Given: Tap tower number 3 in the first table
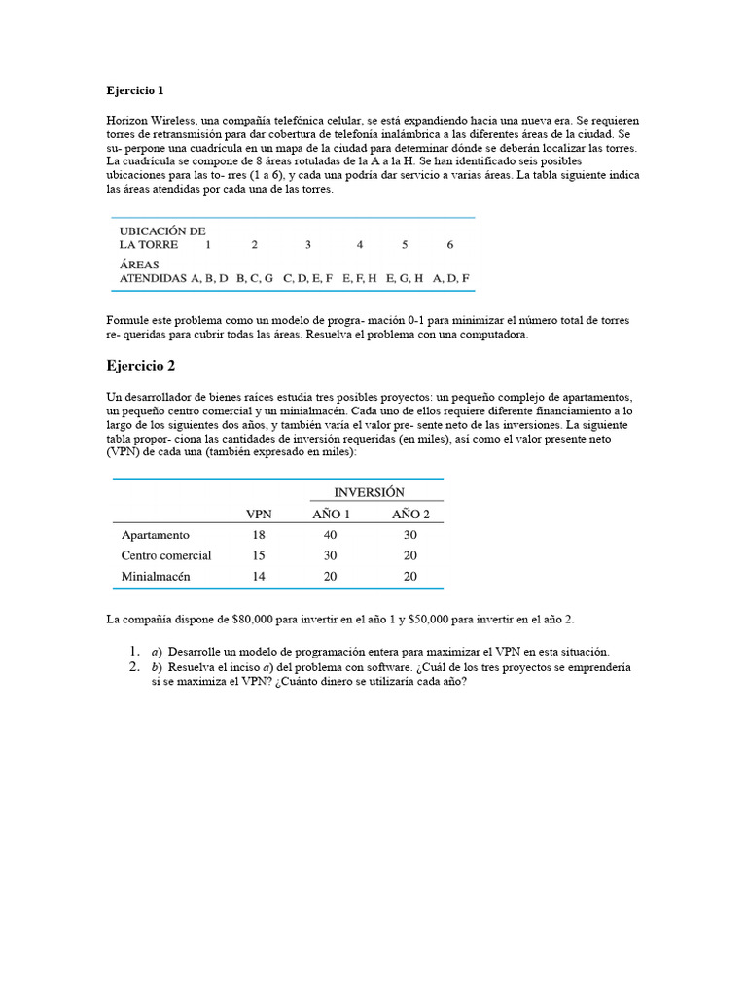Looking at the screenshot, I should click(x=308, y=245).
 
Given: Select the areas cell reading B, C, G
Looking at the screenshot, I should click(x=255, y=278).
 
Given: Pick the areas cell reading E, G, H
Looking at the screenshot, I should click(x=405, y=278).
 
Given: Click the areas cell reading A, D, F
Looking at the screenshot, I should click(x=451, y=278).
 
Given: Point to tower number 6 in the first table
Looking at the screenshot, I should click(x=450, y=245).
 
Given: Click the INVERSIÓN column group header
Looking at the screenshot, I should click(x=370, y=492).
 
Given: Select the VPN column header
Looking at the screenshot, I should click(x=259, y=515).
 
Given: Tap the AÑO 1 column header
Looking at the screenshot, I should click(x=331, y=515).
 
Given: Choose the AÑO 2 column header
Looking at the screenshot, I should click(x=410, y=515).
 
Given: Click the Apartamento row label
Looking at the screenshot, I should click(x=156, y=535).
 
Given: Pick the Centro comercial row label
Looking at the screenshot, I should click(x=166, y=555).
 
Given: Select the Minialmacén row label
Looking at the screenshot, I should click(x=156, y=577).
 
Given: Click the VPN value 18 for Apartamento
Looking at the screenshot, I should click(x=259, y=535).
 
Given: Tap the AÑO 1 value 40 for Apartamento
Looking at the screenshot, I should click(x=331, y=535).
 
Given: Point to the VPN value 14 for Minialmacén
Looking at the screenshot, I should click(x=259, y=577).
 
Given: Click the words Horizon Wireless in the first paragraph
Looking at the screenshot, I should click(x=152, y=120).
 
